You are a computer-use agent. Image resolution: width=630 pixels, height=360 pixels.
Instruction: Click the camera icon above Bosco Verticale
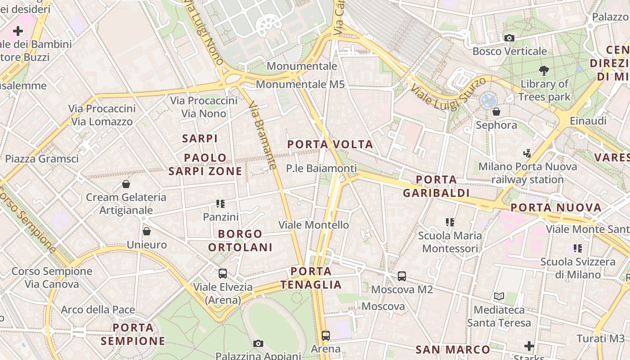tap(509, 38)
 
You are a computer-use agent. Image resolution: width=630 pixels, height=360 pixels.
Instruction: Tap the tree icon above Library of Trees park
tap(544, 70)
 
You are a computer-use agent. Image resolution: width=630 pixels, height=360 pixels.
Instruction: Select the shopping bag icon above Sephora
tap(496, 111)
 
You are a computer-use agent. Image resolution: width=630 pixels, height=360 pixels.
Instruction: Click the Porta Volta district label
tap(330, 144)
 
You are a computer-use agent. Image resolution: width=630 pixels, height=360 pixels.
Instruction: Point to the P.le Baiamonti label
tap(321, 168)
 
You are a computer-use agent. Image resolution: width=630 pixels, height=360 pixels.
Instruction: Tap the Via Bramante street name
tap(262, 135)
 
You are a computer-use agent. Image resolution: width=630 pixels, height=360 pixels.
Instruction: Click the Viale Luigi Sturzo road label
tap(448, 94)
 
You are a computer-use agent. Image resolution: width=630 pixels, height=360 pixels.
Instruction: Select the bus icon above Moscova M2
tap(401, 276)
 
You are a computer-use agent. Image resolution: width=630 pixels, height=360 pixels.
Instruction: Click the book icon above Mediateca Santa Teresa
tap(499, 296)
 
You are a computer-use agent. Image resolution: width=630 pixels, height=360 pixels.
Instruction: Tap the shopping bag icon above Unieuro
tap(146, 231)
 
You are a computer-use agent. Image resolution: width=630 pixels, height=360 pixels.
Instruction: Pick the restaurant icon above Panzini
tap(220, 204)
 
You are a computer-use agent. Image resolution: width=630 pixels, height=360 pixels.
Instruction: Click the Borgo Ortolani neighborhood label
tap(240, 241)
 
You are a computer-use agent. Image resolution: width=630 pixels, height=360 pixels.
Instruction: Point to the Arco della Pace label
tap(98, 310)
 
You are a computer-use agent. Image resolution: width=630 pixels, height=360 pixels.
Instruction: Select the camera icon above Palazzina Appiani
tap(258, 344)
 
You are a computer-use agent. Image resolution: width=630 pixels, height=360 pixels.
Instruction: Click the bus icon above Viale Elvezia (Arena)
tap(222, 273)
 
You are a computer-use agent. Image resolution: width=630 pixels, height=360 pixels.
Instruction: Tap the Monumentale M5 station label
tap(300, 84)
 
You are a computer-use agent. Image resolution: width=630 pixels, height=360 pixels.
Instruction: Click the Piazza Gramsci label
tap(42, 158)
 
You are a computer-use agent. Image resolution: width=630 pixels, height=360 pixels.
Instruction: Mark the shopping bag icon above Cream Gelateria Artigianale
tap(126, 184)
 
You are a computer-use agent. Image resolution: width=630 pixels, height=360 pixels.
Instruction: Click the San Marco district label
tap(453, 350)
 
